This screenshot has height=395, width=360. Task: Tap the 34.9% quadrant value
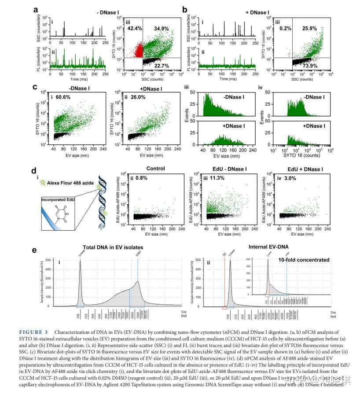pyautogui.click(x=162, y=29)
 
